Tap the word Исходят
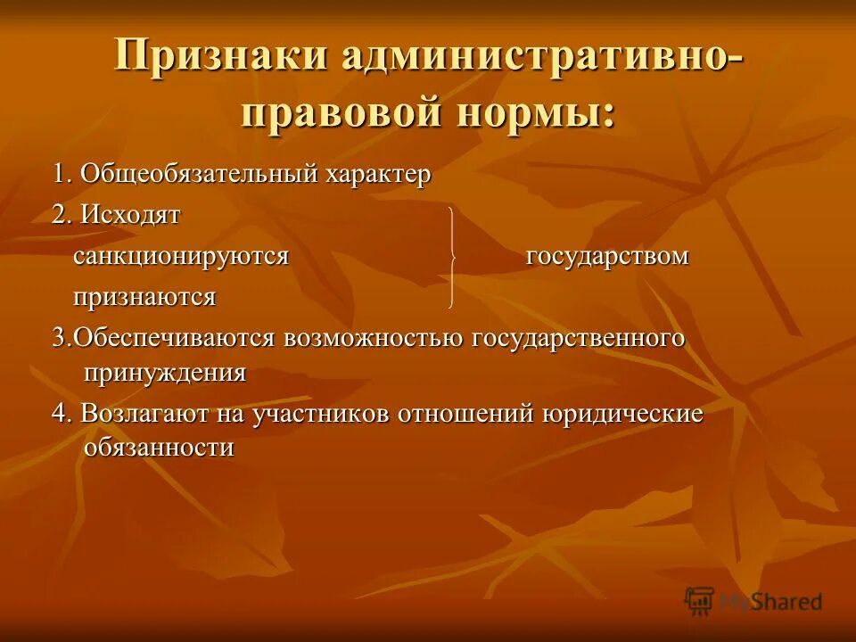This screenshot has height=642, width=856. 130,215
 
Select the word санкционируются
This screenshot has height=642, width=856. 181,257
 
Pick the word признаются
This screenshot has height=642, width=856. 144,297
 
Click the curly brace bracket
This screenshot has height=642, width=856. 455,257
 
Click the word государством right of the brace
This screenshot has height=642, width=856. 607,257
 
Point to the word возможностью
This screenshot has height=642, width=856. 373,339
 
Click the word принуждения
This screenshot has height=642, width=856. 164,373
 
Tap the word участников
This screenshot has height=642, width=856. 320,415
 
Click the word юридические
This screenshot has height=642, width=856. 621,415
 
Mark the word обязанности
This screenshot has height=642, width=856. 159,448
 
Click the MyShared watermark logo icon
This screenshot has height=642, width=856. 699,600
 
